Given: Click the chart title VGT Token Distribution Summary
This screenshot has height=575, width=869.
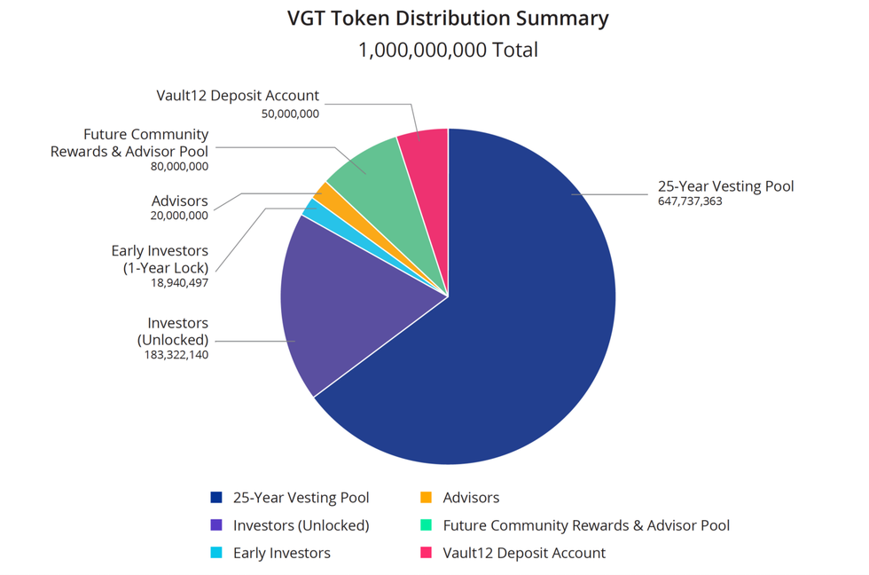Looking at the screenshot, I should [448, 19].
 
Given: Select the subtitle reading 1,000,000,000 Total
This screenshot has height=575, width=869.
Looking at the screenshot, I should [448, 50].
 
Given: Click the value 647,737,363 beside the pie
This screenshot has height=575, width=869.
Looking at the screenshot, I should [689, 202].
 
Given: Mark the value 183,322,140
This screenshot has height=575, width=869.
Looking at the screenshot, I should [176, 354].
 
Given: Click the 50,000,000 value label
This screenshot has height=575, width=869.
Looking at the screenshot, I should [290, 114].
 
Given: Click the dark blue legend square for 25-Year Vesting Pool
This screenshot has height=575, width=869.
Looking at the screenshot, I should [215, 498].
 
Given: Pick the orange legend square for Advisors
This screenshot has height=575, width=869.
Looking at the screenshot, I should [426, 498].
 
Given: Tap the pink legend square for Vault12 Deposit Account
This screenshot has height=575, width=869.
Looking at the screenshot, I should [426, 553].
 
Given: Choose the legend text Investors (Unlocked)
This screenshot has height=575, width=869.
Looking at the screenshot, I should [301, 525].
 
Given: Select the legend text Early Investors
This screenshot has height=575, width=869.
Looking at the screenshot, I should [281, 553].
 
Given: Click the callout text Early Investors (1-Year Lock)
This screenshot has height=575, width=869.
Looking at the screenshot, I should [160, 259].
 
